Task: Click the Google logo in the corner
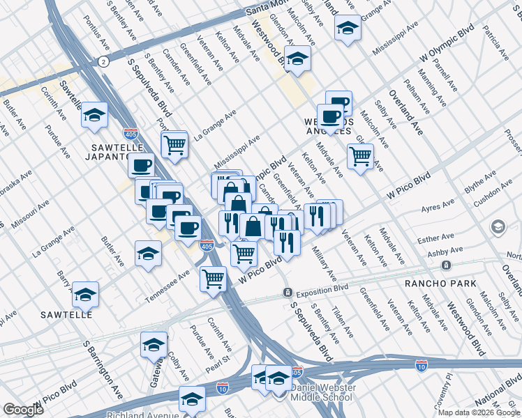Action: [x=23, y=410]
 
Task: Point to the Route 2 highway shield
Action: [x=103, y=62]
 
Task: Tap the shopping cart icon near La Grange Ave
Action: [x=174, y=145]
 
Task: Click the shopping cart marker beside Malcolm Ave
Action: [x=360, y=156]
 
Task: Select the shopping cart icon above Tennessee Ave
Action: [x=214, y=279]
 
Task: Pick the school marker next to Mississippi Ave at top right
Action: [x=348, y=28]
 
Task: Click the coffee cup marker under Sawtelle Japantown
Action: [x=142, y=165]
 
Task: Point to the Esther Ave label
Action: [x=430, y=240]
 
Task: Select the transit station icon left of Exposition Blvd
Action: [x=287, y=292]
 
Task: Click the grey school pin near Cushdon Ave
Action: [x=498, y=226]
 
